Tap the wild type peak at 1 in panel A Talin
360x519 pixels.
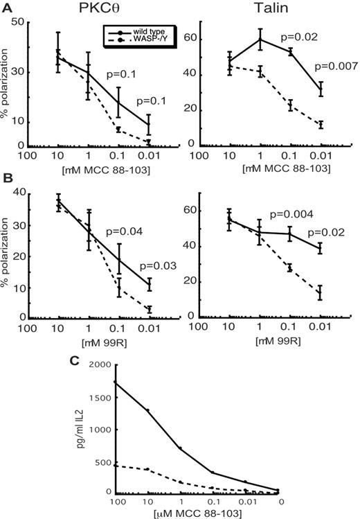(x=259, y=39)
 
